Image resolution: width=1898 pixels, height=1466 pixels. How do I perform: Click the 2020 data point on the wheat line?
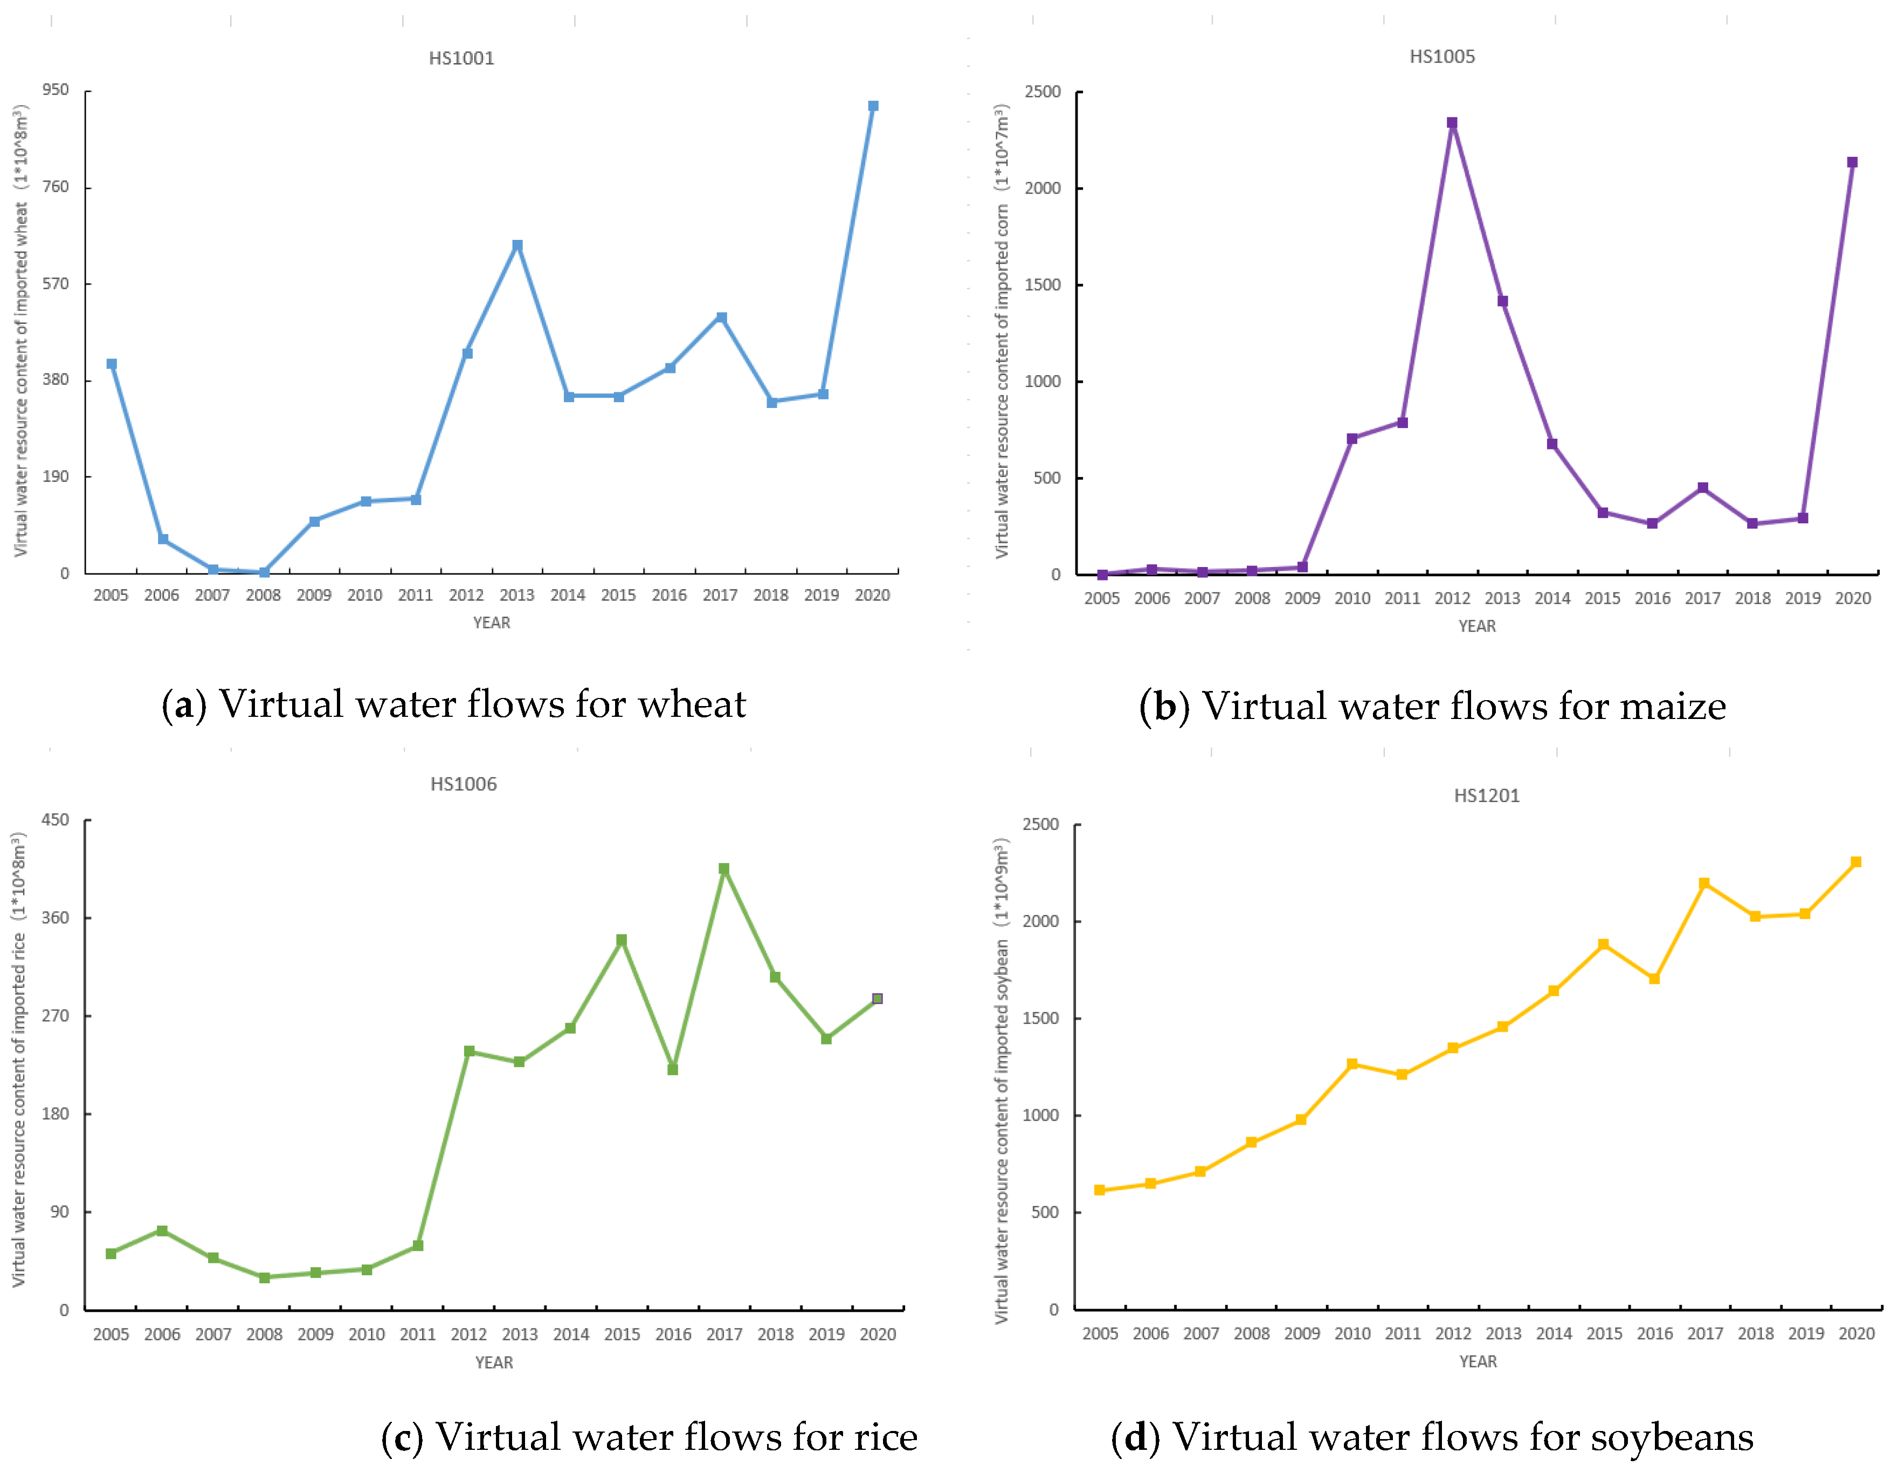click(873, 106)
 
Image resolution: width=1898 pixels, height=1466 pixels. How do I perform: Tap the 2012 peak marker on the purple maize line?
click(1452, 122)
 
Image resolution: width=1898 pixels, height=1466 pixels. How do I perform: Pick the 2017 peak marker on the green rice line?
click(724, 868)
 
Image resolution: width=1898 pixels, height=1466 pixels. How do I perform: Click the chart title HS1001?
click(461, 58)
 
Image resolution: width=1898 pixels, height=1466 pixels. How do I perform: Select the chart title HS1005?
click(1442, 57)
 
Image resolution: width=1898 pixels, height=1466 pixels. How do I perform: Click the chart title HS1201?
click(1487, 795)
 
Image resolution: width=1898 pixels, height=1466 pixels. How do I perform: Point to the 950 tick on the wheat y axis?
click(56, 89)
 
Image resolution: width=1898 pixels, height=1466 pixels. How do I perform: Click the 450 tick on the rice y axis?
click(56, 819)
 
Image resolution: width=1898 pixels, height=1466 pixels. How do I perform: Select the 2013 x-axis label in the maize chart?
click(1502, 598)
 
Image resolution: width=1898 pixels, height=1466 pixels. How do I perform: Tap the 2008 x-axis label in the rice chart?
click(264, 1334)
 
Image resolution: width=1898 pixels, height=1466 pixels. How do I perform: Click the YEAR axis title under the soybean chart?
click(1478, 1361)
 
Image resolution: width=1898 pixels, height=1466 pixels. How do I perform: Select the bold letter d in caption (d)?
click(1136, 1437)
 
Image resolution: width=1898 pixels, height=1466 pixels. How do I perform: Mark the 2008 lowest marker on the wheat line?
click(264, 572)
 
